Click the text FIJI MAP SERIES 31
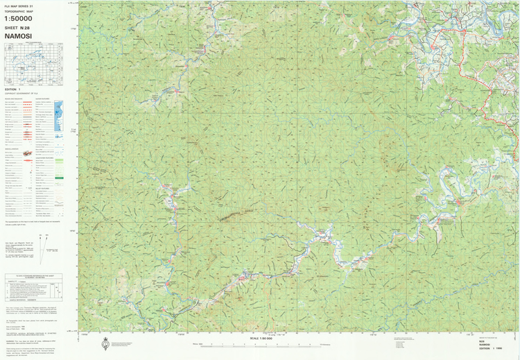[19, 6]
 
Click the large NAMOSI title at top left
[19, 36]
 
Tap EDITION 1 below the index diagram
[12, 89]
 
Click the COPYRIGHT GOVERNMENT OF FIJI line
[21, 94]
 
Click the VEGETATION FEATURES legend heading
[47, 158]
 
